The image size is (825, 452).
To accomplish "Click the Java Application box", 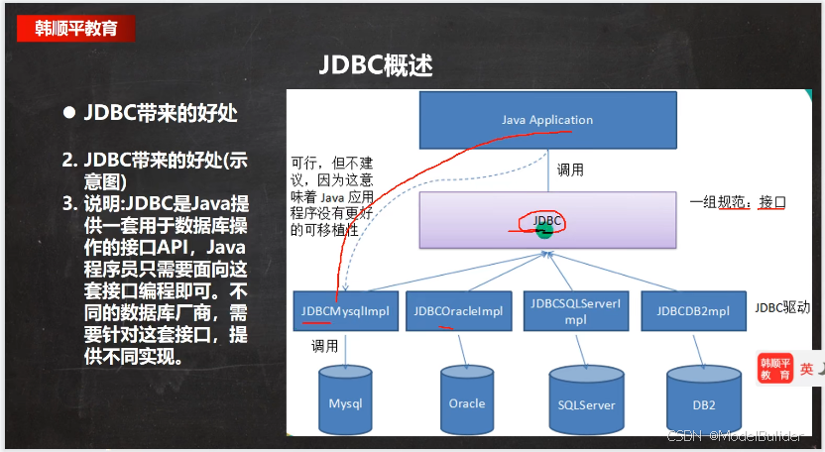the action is tap(547, 120).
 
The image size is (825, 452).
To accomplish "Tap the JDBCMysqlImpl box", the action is tap(346, 311).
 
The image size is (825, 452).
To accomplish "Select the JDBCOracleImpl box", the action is tap(459, 311).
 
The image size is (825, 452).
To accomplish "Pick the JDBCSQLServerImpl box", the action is tap(576, 311).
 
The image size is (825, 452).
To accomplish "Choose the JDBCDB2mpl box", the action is tap(693, 311).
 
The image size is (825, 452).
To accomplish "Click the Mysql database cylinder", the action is tap(346, 399).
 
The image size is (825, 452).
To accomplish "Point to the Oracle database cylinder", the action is tap(467, 399).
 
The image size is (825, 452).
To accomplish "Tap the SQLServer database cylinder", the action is tap(586, 401).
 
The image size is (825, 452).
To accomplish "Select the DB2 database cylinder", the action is tap(704, 401).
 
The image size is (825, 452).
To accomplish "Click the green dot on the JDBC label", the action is tap(544, 231).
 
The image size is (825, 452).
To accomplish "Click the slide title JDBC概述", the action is tap(376, 65).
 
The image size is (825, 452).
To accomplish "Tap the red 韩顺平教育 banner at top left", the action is tap(75, 29).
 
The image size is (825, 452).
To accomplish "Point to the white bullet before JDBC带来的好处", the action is tap(69, 113).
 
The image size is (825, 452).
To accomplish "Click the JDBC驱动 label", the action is tap(782, 307).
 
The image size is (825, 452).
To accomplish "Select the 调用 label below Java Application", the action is tap(570, 169).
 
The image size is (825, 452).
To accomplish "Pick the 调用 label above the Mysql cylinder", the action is tap(324, 346).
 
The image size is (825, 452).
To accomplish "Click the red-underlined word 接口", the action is tap(772, 202).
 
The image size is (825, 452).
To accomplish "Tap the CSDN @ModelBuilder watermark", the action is tap(735, 436).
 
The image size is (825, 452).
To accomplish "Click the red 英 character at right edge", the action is tap(806, 369).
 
